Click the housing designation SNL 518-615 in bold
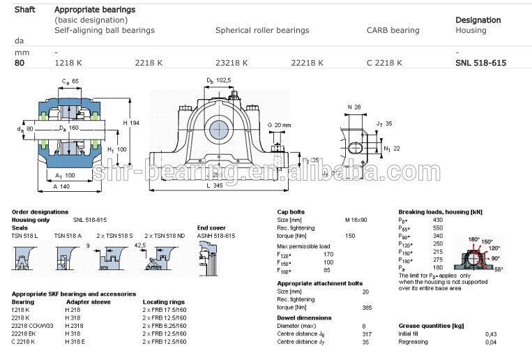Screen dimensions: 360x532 click(480, 63)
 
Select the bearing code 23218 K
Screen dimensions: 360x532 click(231, 63)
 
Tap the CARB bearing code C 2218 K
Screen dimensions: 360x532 click(384, 63)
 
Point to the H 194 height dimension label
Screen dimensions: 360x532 click(131, 123)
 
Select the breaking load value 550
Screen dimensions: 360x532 click(438, 228)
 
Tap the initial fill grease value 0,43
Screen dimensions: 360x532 click(491, 334)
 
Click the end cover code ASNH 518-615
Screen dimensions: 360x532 click(216, 236)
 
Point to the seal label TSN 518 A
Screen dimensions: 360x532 click(68, 236)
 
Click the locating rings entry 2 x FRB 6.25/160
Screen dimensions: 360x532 click(165, 326)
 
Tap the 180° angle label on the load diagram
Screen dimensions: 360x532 click(474, 239)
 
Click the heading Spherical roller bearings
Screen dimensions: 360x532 click(261, 31)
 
